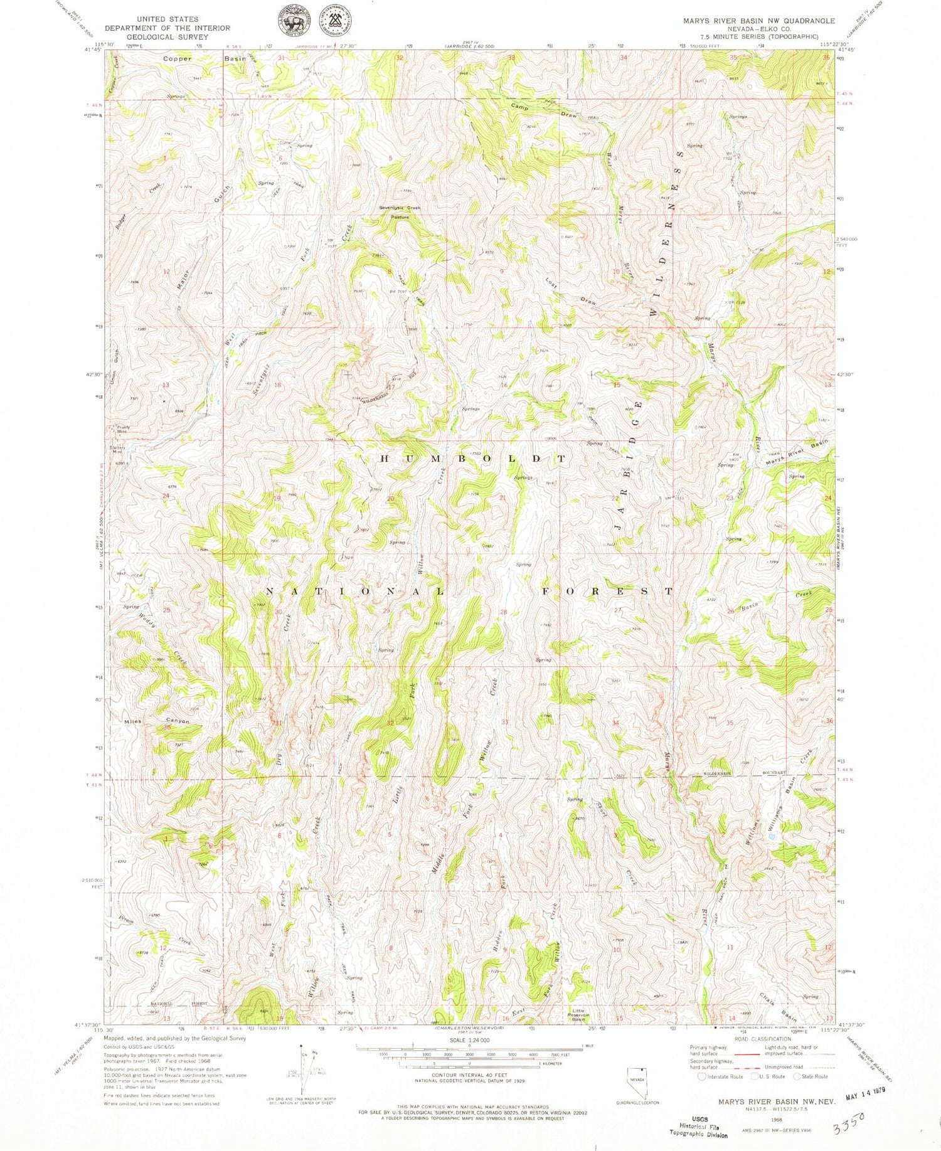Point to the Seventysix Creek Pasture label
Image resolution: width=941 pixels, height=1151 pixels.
click(x=400, y=212)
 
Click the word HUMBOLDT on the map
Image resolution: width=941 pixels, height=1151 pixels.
click(x=473, y=459)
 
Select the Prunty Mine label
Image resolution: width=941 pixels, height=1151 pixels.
click(x=122, y=430)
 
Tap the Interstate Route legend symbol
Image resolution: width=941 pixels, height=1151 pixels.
click(x=701, y=1076)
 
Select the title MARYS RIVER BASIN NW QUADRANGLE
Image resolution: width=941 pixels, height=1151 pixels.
click(x=758, y=21)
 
